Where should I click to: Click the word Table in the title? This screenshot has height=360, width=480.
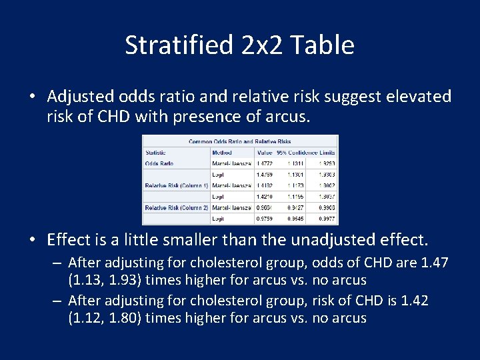pyautogui.click(x=323, y=45)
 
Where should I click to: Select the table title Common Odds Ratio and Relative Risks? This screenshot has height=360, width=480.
pyautogui.click(x=240, y=141)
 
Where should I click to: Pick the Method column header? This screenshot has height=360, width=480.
pyautogui.click(x=223, y=152)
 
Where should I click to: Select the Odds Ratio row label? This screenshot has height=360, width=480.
pyautogui.click(x=159, y=163)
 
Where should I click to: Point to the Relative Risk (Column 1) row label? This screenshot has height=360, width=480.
pyautogui.click(x=177, y=185)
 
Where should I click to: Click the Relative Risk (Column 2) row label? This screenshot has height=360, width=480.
pyautogui.click(x=177, y=207)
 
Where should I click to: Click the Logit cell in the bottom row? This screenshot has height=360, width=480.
pyautogui.click(x=218, y=219)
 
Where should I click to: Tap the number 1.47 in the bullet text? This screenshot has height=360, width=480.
pyautogui.click(x=434, y=263)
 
